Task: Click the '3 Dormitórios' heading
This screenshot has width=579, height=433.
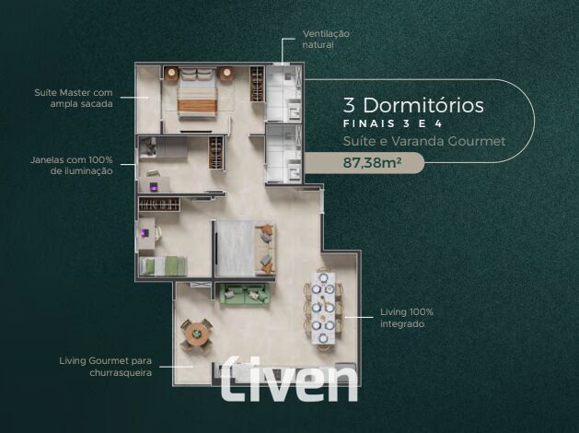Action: tap(413, 105)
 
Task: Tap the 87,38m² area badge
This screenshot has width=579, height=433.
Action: tap(364, 162)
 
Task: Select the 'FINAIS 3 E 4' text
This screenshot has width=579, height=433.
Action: tap(392, 123)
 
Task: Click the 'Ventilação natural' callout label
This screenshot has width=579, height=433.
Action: tap(326, 40)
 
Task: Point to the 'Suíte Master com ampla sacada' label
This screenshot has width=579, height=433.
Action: tap(74, 98)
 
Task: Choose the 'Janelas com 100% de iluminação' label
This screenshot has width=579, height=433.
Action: tap(71, 165)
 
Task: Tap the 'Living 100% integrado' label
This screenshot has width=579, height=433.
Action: tap(407, 318)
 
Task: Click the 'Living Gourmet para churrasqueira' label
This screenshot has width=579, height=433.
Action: tap(106, 367)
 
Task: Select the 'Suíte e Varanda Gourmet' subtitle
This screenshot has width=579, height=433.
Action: tap(424, 141)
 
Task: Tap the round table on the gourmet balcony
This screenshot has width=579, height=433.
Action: tap(196, 334)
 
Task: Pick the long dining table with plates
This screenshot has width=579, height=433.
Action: tap(324, 309)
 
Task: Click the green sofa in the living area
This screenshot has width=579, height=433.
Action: tap(244, 293)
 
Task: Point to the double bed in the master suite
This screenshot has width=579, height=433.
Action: tap(196, 92)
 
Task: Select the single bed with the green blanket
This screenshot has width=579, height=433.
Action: tap(163, 266)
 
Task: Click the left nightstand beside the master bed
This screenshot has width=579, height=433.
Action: tap(171, 74)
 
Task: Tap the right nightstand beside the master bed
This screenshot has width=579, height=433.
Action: tap(226, 74)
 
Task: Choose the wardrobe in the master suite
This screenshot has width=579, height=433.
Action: tap(258, 84)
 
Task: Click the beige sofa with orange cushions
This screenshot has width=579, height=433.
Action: tap(265, 248)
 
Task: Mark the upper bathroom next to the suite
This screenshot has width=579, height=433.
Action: tap(284, 93)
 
